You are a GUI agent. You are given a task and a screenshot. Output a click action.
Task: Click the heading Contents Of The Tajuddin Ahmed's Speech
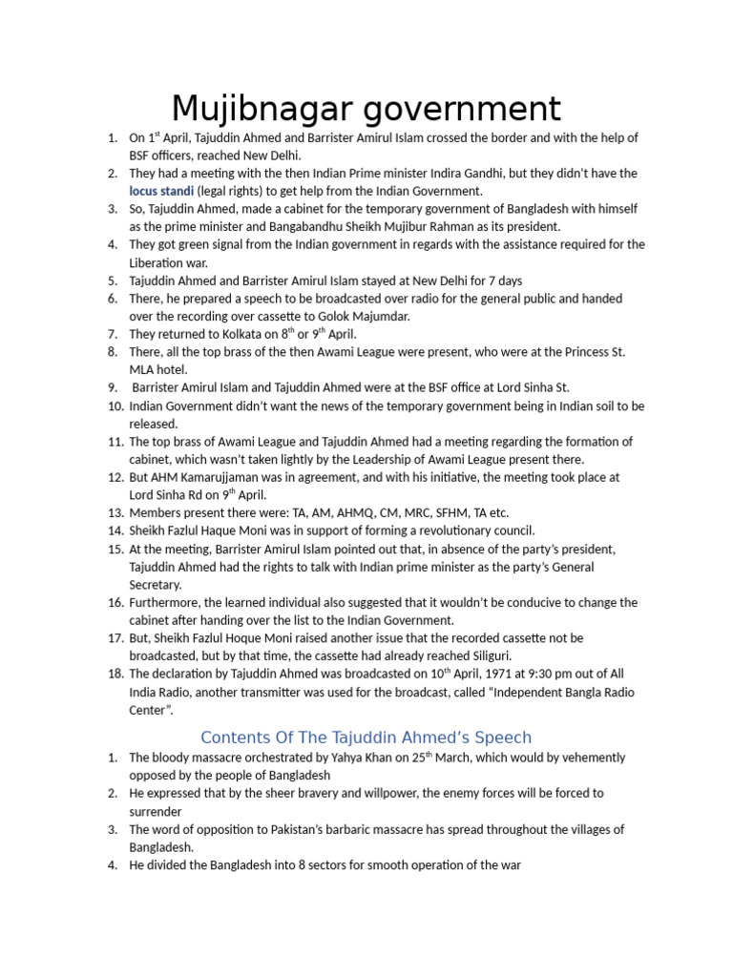[x=366, y=738]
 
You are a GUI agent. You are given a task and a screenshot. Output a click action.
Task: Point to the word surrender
[x=156, y=811]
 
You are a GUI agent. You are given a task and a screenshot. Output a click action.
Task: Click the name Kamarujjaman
[x=220, y=477]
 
